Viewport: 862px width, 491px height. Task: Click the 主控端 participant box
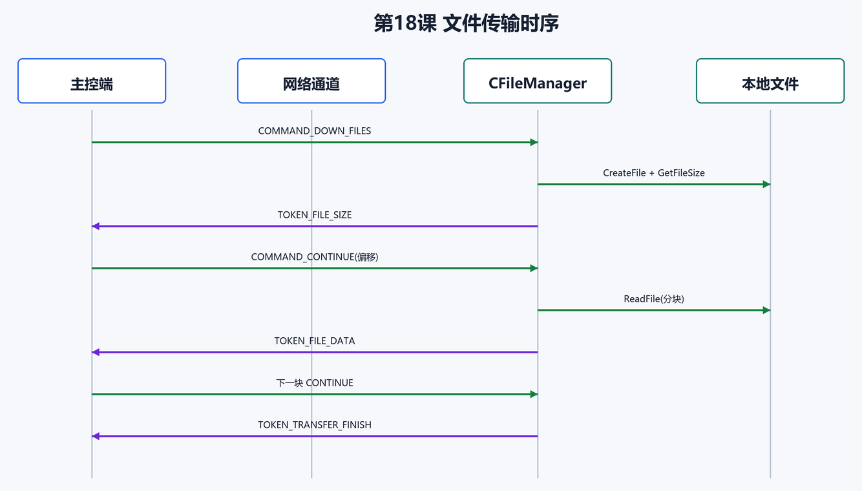92,81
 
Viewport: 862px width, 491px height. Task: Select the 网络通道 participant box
311,81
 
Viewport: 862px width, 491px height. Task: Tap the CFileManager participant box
538,81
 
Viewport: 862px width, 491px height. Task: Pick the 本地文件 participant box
770,81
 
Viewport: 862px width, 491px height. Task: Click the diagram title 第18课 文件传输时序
466,23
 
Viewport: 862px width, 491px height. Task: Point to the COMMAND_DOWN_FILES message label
315,131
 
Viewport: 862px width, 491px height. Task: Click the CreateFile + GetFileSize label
654,172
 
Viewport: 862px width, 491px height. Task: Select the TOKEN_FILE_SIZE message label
315,214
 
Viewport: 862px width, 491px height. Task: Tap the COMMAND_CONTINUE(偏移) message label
315,256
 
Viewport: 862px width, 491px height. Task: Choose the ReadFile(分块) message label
654,298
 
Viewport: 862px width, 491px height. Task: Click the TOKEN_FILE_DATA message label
315,340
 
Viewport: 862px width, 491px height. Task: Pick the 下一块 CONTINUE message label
315,382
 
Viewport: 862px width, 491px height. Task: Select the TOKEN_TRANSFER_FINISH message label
315,424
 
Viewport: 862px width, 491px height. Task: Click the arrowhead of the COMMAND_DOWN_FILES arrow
534,142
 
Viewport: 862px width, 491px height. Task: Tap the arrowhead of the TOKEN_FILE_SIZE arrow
96,226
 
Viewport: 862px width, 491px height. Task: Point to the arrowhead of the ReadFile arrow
766,310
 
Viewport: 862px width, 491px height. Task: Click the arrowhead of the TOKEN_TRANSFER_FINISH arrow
96,436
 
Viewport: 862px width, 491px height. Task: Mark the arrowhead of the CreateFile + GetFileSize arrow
766,184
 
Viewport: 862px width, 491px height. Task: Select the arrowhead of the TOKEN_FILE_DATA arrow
96,352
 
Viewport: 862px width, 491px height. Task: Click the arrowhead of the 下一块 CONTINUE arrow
534,394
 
